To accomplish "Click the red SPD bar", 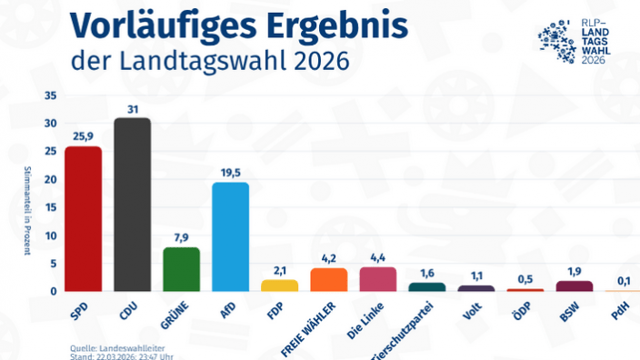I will point(83,219).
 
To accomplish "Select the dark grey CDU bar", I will point(132,205).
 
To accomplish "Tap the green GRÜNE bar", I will point(181,269).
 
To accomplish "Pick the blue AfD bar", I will point(230,236).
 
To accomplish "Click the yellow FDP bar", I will point(279,285).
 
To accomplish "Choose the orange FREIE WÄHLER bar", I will point(328,280).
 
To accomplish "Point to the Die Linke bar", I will point(377,279).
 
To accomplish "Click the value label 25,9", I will point(83,135).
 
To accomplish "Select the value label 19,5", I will point(230,172).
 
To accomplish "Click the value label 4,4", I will point(377,256).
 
